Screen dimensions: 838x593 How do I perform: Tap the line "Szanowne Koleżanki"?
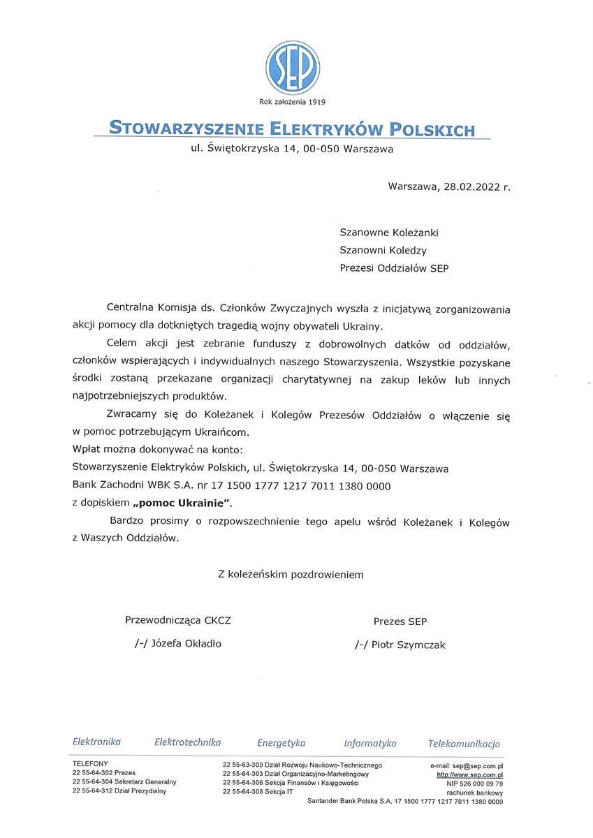coord(388,233)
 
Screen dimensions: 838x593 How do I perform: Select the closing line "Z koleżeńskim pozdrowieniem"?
coord(291,575)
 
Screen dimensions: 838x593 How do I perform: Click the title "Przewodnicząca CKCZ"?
coord(177,620)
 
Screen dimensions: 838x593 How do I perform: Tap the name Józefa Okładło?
coord(186,644)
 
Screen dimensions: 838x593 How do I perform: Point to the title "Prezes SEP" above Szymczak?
coord(400,621)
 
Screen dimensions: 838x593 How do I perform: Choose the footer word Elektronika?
coord(96,742)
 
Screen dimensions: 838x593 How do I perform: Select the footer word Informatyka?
coord(369,743)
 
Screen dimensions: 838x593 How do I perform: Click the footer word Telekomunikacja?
coord(464,743)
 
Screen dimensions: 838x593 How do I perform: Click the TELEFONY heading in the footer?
coord(90,765)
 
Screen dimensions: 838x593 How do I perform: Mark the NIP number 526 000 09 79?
coord(482,784)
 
